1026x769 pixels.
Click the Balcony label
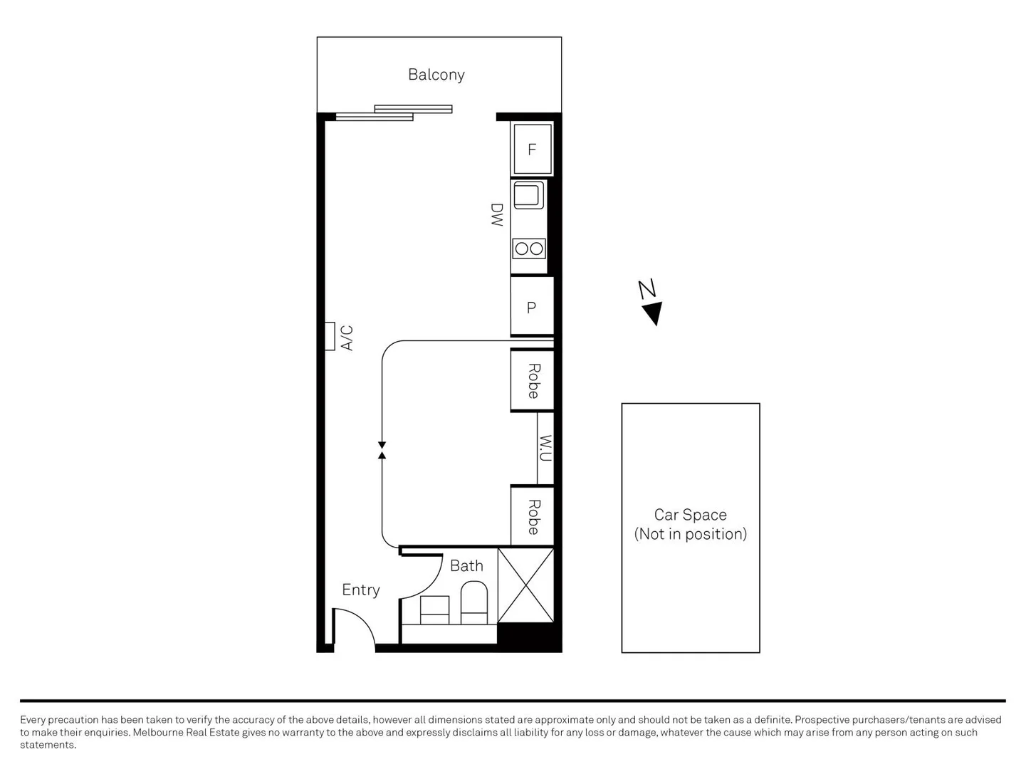coord(436,75)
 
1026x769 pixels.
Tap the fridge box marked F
coord(531,150)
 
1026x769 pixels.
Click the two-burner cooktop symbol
coord(528,249)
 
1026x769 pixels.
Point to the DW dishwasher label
coord(497,215)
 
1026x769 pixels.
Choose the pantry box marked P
coord(531,307)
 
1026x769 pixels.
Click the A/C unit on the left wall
coord(330,336)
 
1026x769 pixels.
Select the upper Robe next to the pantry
coord(533,381)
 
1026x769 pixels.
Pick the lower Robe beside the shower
coord(533,516)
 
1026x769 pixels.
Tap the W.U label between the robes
coord(545,449)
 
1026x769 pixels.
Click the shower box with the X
coord(525,585)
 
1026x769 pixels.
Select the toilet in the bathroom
coord(473,602)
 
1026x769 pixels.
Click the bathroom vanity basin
coord(434,610)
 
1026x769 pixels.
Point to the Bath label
coord(466,566)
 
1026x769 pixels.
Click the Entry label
coord(360,590)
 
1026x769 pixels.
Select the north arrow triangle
coord(653,313)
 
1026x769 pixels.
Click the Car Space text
coord(690,515)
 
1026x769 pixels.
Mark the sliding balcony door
coord(394,113)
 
